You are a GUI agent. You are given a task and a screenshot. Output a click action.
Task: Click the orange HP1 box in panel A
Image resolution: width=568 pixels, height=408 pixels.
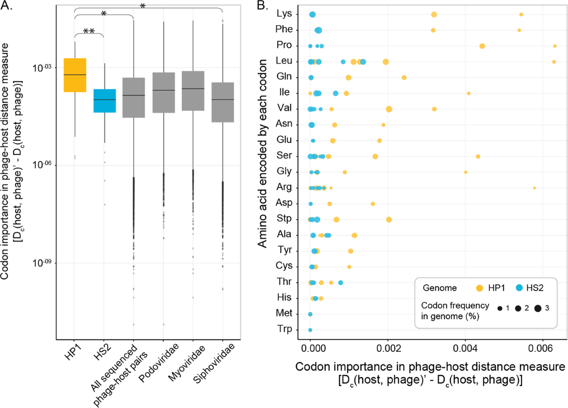tap(75, 75)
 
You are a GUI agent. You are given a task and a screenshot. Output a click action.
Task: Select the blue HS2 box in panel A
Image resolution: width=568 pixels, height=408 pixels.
tap(104, 100)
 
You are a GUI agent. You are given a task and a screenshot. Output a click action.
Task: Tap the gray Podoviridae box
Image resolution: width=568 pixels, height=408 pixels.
tap(163, 92)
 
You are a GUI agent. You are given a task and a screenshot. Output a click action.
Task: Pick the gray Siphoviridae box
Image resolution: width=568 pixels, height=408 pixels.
tap(222, 102)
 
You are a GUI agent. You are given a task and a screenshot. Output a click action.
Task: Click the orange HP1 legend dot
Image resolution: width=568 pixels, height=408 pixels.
tap(479, 287)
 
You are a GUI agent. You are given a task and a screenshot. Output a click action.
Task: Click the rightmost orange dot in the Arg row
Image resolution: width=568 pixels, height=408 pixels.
tap(534, 188)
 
